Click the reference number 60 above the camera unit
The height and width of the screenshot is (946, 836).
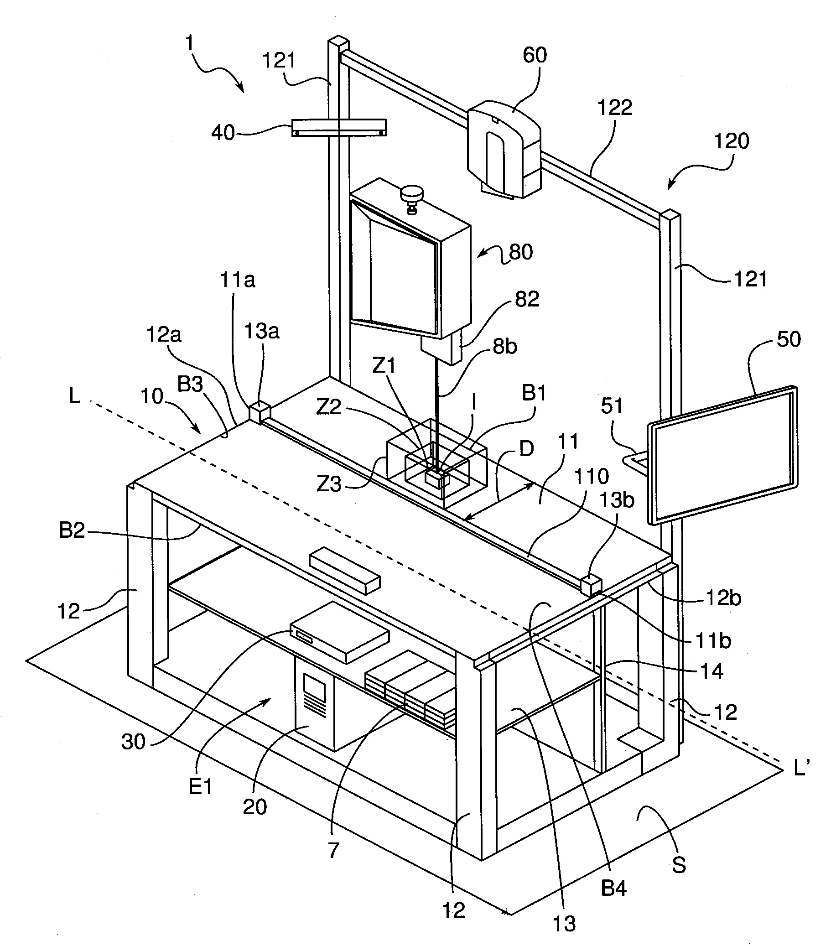coord(535,56)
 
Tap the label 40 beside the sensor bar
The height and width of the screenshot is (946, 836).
coord(223,133)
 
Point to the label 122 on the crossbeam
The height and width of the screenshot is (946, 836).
coord(615,108)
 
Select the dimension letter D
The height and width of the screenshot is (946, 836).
coord(526,448)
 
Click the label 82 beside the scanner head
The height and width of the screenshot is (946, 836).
coord(527,299)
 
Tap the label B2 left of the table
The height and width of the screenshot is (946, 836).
coord(72,530)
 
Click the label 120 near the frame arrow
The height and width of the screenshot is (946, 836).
coord(732,140)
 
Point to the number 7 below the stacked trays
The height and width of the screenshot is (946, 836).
coord(334,850)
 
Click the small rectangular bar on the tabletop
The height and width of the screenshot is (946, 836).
coord(345,572)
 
